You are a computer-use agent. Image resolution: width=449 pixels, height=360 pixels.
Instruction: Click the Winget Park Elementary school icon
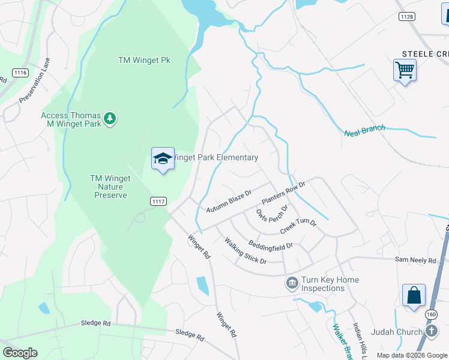(163, 159)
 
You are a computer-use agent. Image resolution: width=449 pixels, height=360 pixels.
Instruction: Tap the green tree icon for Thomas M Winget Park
(109, 118)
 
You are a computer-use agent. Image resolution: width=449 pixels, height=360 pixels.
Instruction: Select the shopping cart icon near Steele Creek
(405, 71)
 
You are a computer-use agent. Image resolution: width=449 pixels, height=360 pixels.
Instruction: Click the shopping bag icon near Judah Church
(414, 296)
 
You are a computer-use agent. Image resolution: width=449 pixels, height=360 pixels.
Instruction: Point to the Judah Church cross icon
(432, 331)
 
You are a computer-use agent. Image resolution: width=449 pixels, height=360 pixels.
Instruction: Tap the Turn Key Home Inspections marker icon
(292, 282)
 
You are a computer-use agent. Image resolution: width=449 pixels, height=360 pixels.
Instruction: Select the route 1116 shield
(20, 73)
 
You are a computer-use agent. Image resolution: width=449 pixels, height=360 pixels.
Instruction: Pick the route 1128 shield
(406, 16)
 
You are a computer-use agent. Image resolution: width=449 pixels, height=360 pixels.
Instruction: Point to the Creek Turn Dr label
(298, 227)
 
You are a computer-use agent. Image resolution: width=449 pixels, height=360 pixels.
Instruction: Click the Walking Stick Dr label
(245, 251)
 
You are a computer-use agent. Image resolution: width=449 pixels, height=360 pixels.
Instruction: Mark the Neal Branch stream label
(364, 130)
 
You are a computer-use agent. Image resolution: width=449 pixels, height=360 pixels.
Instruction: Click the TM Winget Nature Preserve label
(109, 187)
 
